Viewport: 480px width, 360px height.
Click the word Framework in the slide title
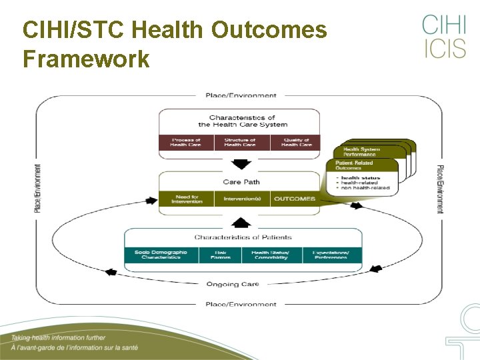(86, 59)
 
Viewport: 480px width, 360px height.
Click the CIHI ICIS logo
(443, 37)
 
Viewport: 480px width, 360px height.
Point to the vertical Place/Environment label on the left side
(37, 189)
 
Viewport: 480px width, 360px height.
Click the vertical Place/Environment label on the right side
(440, 189)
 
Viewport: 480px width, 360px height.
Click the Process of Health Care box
(186, 143)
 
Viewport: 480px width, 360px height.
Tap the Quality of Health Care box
(295, 143)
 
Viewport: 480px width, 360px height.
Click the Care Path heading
(241, 181)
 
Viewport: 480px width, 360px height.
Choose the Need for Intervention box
(186, 199)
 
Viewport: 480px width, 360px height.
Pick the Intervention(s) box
(241, 199)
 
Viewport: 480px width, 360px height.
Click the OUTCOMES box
(295, 199)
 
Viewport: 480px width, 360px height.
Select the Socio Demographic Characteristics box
(161, 255)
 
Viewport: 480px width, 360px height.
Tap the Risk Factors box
(221, 255)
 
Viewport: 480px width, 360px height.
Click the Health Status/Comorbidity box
(270, 255)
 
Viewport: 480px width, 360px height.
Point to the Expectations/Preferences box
(331, 255)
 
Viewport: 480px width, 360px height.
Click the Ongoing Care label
(232, 284)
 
